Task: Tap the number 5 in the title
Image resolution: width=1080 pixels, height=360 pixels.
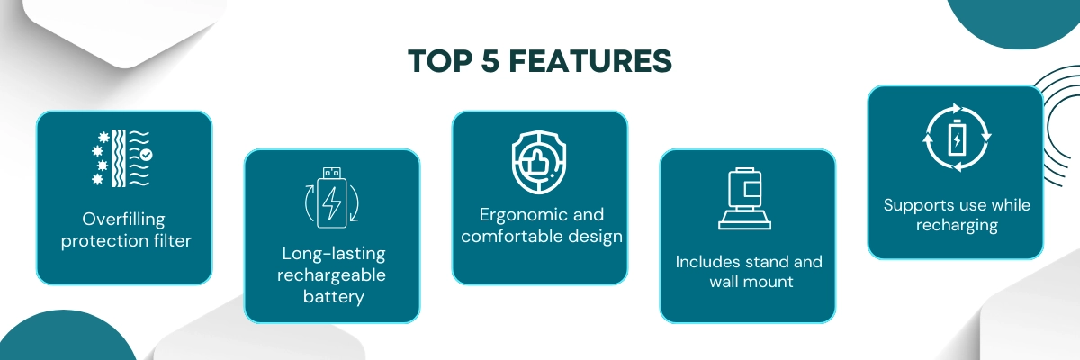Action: pos(490,61)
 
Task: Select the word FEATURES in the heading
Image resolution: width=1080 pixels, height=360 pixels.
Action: pos(590,61)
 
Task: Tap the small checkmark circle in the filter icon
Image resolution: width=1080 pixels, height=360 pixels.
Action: pos(147,155)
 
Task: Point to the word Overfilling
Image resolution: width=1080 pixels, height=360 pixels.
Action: pos(123,220)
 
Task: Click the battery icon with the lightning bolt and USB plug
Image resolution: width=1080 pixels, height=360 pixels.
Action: pos(332,198)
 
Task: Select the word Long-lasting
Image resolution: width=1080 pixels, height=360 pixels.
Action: pos(334,254)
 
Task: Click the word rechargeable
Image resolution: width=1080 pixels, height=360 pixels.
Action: pos(331,275)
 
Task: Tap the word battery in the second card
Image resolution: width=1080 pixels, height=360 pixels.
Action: pos(334,296)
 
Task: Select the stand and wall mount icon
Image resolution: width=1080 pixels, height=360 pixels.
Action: pos(745,198)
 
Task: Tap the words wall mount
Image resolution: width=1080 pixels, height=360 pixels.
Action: pos(751,282)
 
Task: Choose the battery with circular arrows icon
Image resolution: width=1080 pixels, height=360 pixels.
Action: pos(957,138)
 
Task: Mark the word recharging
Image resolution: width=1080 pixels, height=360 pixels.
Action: pos(957,225)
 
